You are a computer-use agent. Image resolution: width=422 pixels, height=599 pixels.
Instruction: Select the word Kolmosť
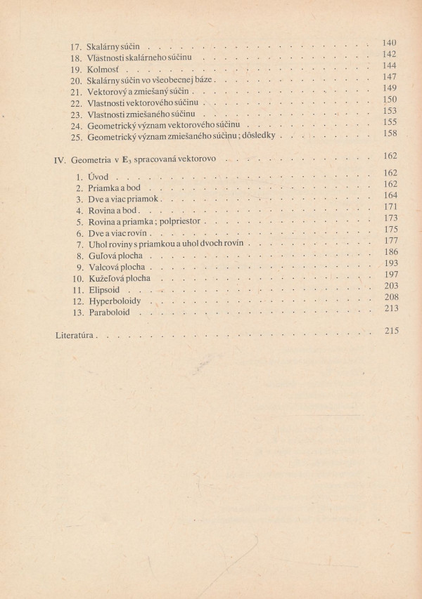[102, 72]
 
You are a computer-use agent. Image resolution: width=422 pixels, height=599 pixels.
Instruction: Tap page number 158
[388, 133]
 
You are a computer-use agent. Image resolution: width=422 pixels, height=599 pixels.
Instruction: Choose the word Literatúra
[76, 336]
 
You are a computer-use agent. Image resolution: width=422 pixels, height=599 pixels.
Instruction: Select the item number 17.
[76, 47]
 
